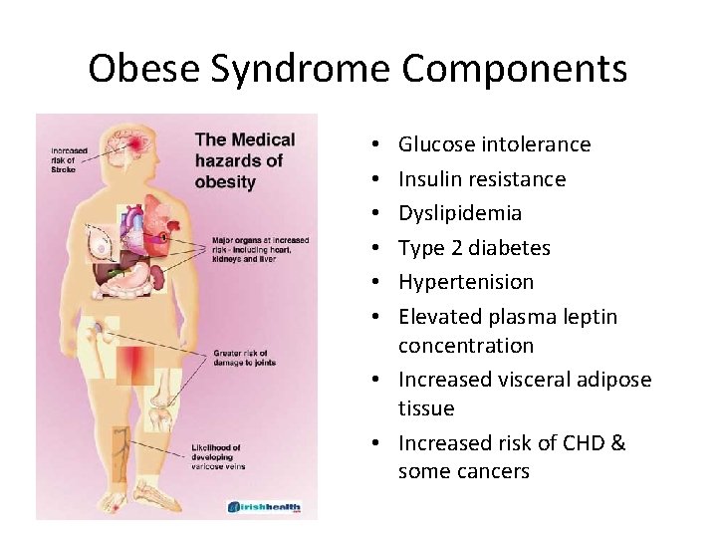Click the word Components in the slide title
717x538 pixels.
tap(515, 69)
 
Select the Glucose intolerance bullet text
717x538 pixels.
tap(494, 144)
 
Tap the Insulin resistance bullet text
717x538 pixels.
tap(482, 179)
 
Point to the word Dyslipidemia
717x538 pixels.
tap(460, 213)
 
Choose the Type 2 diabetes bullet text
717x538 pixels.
tap(474, 248)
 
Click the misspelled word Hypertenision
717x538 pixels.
tap(466, 282)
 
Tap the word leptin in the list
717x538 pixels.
tap(595, 317)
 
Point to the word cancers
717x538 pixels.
tap(491, 471)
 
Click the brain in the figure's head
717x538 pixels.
tap(132, 145)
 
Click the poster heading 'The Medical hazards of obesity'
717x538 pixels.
tap(244, 160)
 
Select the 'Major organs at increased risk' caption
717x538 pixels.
tap(261, 250)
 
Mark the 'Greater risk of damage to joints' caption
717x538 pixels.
tap(245, 357)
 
